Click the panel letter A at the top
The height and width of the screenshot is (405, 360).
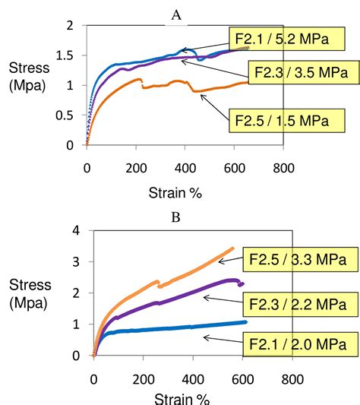tap(176, 14)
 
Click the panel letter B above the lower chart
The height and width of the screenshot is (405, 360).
tap(175, 217)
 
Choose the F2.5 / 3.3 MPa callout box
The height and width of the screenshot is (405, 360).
tap(298, 260)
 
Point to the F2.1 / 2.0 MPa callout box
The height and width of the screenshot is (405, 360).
tap(298, 343)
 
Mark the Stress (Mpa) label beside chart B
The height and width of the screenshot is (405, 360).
tap(30, 293)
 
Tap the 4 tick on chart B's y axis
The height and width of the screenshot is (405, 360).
tap(75, 230)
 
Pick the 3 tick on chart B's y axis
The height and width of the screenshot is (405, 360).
tap(75, 261)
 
